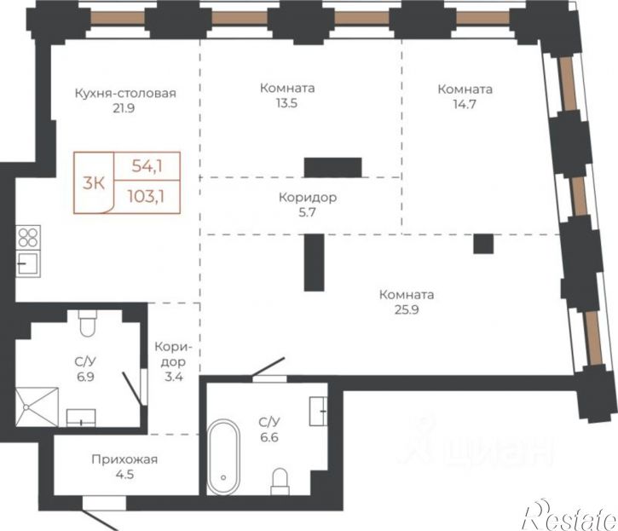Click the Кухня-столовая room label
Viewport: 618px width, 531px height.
(x=125, y=94)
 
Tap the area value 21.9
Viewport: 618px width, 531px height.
(x=124, y=108)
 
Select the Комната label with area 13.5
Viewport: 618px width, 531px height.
(x=287, y=88)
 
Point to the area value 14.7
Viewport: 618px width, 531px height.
(x=465, y=105)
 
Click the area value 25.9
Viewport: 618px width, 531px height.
(x=407, y=310)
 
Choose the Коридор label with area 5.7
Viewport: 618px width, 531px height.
(x=308, y=197)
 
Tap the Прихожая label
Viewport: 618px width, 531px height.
(x=124, y=459)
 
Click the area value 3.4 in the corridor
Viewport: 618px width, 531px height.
(x=174, y=377)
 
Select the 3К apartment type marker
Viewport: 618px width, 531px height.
(x=94, y=183)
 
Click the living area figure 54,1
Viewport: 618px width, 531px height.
(x=147, y=166)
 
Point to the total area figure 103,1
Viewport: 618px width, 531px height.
(x=147, y=196)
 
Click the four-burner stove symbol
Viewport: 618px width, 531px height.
(x=28, y=237)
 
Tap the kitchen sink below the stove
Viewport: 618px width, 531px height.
(x=28, y=263)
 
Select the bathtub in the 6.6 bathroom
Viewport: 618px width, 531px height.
(x=223, y=457)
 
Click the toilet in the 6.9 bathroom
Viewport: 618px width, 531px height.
(x=88, y=322)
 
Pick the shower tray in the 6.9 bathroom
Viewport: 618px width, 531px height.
(x=37, y=407)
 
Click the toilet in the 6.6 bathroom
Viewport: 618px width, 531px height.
(x=280, y=481)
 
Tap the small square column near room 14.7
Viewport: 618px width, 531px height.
(x=483, y=244)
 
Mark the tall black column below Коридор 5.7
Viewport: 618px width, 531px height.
(x=315, y=263)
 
